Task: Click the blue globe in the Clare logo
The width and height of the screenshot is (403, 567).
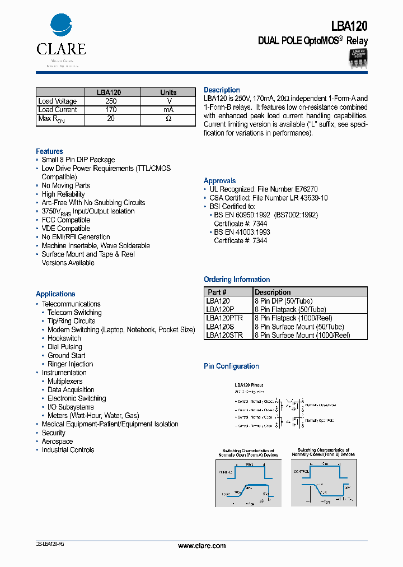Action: click(61, 25)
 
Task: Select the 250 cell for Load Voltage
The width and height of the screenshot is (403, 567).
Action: click(110, 101)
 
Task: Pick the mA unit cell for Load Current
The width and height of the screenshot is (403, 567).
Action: click(168, 110)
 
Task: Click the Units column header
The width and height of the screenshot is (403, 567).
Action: click(168, 92)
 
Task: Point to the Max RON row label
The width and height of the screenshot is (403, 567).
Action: click(51, 119)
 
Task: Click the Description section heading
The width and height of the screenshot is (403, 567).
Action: click(222, 90)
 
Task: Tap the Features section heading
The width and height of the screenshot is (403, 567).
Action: click(49, 151)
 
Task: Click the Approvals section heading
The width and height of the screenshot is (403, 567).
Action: click(219, 181)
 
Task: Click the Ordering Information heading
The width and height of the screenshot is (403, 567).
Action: click(236, 280)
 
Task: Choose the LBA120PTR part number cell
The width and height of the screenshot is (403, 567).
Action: click(224, 318)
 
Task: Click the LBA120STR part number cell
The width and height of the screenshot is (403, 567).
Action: click(224, 335)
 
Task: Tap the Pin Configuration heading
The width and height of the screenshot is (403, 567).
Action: click(231, 366)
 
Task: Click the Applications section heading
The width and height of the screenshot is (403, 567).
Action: click(55, 294)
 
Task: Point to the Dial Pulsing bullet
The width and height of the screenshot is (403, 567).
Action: click(64, 347)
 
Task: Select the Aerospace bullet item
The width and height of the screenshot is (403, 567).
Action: click(57, 441)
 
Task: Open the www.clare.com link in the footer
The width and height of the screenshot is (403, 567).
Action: click(201, 546)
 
